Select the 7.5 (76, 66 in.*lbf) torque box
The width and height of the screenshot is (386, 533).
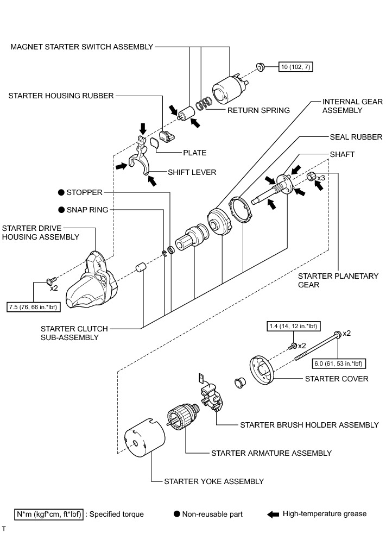tap(33, 307)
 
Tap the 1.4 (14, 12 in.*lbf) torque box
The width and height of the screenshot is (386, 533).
tap(293, 327)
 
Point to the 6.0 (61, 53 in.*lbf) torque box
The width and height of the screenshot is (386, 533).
tap(338, 363)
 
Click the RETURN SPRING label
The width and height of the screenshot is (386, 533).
tap(258, 110)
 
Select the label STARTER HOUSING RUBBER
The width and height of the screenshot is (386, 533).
tap(61, 96)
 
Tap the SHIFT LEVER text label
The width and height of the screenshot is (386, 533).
tap(192, 172)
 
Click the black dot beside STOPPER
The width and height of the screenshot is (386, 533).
tap(61, 192)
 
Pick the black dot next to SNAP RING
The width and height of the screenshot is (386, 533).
tap(61, 210)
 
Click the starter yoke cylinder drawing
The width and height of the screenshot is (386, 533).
tap(144, 438)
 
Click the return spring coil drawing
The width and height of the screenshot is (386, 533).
tap(204, 103)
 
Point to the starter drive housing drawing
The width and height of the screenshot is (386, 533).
tap(92, 280)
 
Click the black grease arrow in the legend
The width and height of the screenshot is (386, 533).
tap(273, 515)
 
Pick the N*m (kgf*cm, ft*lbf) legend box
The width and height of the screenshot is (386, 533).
tap(49, 515)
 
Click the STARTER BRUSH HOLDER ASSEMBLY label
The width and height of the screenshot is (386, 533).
tap(309, 425)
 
